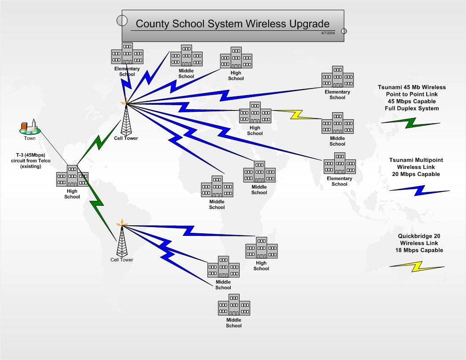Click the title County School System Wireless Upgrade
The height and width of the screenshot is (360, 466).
click(x=233, y=24)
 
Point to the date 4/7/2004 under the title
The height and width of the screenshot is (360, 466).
click(x=328, y=33)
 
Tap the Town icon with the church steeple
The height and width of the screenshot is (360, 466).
click(x=30, y=127)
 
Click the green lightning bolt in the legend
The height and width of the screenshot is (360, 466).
click(x=410, y=123)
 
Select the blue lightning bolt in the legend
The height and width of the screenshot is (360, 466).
click(x=419, y=190)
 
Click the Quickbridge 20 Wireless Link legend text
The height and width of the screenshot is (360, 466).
click(x=419, y=243)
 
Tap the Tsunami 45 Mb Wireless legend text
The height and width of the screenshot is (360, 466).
click(x=411, y=98)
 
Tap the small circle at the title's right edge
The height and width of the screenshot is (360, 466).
click(x=344, y=31)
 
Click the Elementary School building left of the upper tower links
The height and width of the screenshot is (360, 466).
click(x=127, y=54)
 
